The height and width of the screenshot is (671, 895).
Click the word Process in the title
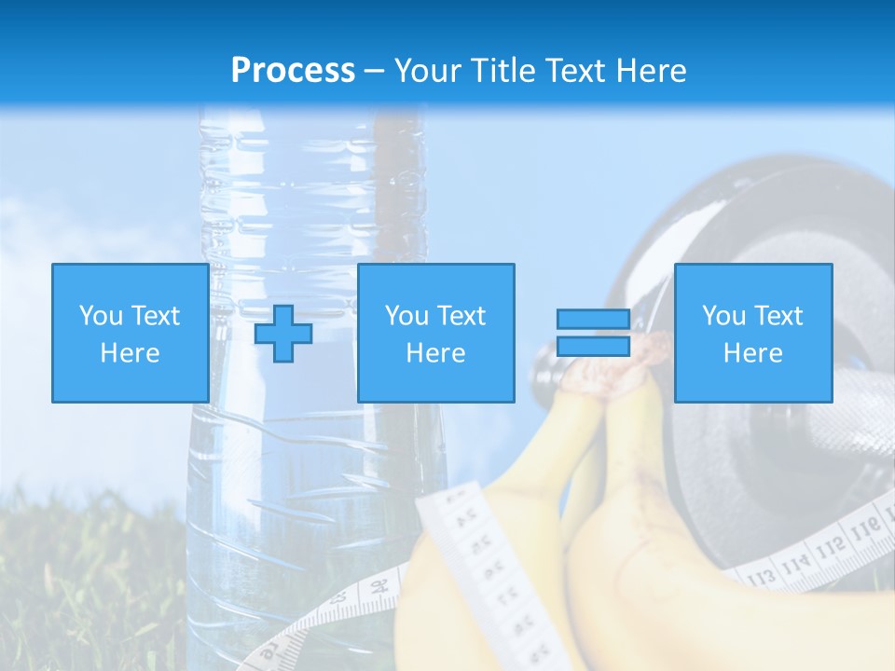[x=293, y=71]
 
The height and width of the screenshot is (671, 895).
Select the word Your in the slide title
[x=429, y=71]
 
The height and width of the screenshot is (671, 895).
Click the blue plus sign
[x=283, y=334]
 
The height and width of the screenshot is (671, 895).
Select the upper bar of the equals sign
[x=593, y=320]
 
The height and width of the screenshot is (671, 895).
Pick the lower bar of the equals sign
[x=593, y=347]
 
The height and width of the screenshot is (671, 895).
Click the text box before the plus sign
[x=130, y=333]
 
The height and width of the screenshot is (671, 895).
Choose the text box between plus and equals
[x=435, y=333]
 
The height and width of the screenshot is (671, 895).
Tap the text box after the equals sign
[x=752, y=333]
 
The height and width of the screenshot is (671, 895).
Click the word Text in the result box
[x=779, y=316]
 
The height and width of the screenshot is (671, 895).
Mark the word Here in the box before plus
[x=130, y=352]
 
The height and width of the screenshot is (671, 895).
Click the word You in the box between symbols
[x=406, y=316]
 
